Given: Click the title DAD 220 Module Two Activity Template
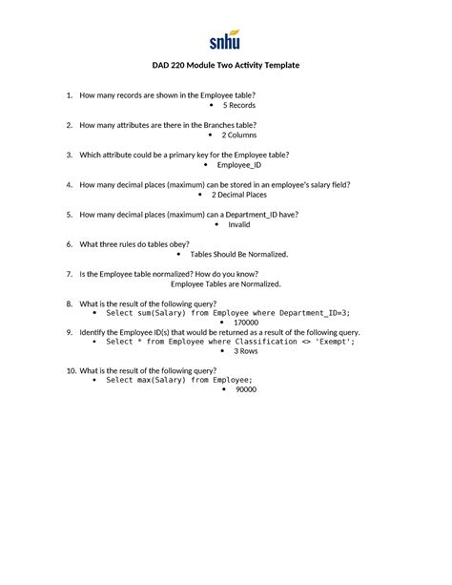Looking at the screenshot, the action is pyautogui.click(x=226, y=65).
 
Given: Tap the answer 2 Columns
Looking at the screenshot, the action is pyautogui.click(x=239, y=136).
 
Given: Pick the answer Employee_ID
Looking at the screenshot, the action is pyautogui.click(x=239, y=165).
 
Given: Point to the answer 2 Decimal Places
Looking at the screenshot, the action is pyautogui.click(x=239, y=195).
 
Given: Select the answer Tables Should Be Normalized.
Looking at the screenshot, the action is pyautogui.click(x=239, y=255).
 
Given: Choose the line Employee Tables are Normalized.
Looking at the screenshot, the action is pyautogui.click(x=225, y=283).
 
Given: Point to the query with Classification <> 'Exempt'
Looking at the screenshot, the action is pyautogui.click(x=231, y=342).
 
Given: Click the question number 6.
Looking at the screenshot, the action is pyautogui.click(x=70, y=244).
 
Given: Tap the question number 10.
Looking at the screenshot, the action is pyautogui.click(x=70, y=370).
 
